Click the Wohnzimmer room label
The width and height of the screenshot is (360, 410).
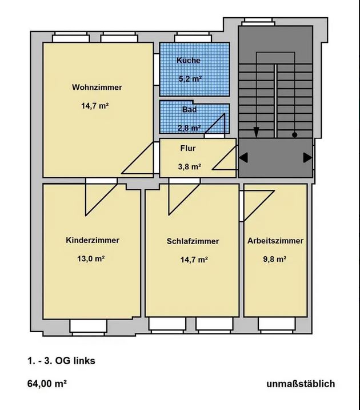(97, 87)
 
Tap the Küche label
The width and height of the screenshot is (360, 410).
(189, 60)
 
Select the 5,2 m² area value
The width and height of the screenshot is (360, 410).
(190, 78)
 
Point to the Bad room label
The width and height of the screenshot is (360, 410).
(189, 109)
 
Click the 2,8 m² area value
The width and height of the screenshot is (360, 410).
(189, 128)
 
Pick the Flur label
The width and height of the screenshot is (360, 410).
(188, 148)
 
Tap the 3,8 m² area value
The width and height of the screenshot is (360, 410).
(190, 166)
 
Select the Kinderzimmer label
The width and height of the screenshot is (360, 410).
(93, 240)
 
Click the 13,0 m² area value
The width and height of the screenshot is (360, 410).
(91, 259)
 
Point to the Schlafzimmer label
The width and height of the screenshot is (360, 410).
(193, 241)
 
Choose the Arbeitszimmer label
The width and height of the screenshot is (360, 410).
(275, 241)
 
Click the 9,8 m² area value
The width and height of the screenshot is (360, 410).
(275, 259)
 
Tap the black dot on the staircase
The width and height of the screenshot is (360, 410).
(295, 135)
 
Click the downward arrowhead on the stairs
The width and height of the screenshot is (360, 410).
(256, 132)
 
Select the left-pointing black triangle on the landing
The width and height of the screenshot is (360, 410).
(243, 158)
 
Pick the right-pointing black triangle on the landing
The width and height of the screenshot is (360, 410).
(307, 158)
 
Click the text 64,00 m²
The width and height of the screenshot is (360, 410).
(47, 384)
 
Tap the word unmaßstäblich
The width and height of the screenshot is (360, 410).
(301, 384)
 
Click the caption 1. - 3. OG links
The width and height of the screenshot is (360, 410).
(61, 361)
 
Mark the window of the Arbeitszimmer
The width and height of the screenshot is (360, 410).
(277, 325)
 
